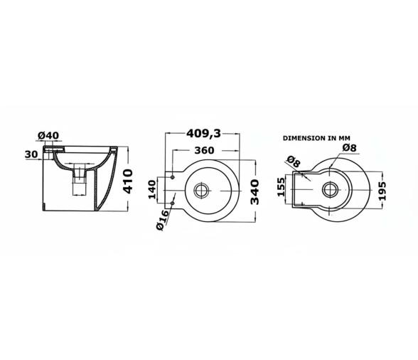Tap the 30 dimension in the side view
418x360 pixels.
click(31, 154)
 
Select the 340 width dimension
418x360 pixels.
click(254, 191)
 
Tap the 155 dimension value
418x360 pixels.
click(281, 188)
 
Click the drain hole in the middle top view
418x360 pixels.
click(202, 189)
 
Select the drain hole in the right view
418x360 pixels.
click(331, 189)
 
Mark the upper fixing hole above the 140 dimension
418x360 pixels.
click(172, 176)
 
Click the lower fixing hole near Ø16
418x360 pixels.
click(172, 203)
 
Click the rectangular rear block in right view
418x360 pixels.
click(299, 189)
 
